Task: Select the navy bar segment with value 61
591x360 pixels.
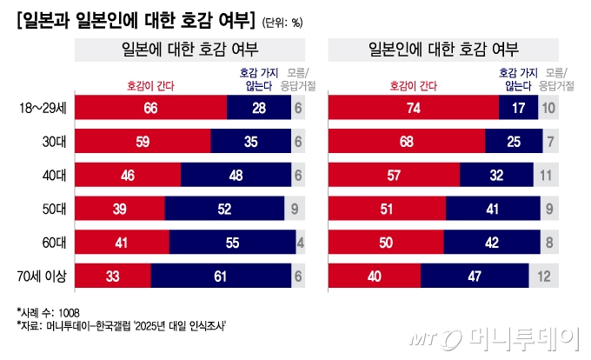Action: coord(222,276)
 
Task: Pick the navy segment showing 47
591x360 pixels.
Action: coord(475,276)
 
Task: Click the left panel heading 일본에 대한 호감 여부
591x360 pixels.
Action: coord(190,50)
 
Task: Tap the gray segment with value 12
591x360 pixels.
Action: coord(543,276)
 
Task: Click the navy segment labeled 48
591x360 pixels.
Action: coord(236,175)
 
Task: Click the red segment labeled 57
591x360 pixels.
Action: coord(394,175)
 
